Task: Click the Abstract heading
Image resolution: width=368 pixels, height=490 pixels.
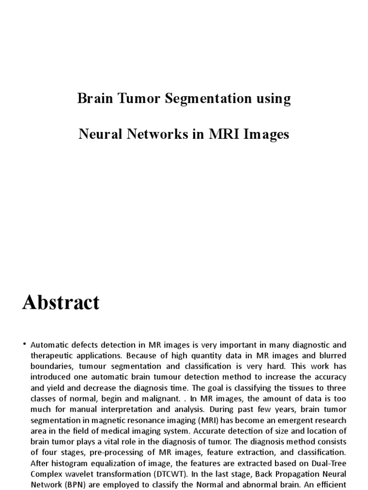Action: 61,302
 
